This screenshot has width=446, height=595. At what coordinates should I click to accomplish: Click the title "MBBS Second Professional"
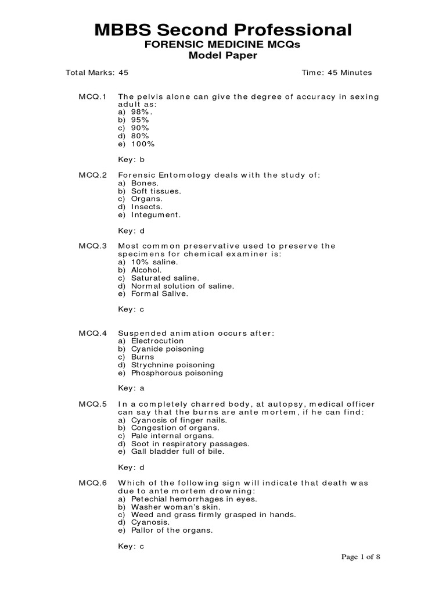tap(223, 30)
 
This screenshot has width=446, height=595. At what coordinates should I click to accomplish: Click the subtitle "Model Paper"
tap(223, 55)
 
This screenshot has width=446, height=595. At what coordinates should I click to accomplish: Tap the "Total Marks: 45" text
tap(97, 73)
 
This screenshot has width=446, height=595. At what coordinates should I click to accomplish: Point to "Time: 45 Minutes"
tap(337, 73)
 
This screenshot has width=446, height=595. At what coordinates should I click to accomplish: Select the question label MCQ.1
tap(93, 96)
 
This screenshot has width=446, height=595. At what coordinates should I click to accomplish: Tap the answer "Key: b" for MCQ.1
tap(131, 159)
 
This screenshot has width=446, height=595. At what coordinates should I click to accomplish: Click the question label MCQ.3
tap(93, 246)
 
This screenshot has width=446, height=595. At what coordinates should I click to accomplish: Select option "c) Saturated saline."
tap(159, 278)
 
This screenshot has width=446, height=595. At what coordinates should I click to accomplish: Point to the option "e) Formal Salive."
tap(153, 294)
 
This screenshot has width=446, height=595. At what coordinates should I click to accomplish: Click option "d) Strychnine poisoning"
tap(166, 365)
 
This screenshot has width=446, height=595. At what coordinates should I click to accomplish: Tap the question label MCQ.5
tap(93, 404)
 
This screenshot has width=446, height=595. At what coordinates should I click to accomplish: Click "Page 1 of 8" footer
tap(361, 557)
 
